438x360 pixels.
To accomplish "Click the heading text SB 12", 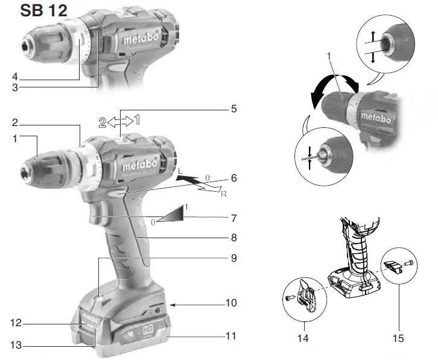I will [43, 10].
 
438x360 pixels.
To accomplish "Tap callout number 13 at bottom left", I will [16, 346].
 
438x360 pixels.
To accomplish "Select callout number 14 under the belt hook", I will [303, 339].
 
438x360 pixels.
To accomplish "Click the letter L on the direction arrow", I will [179, 172].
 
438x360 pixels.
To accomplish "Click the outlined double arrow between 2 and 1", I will [122, 120].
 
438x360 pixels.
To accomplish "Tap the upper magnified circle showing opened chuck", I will [384, 46].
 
